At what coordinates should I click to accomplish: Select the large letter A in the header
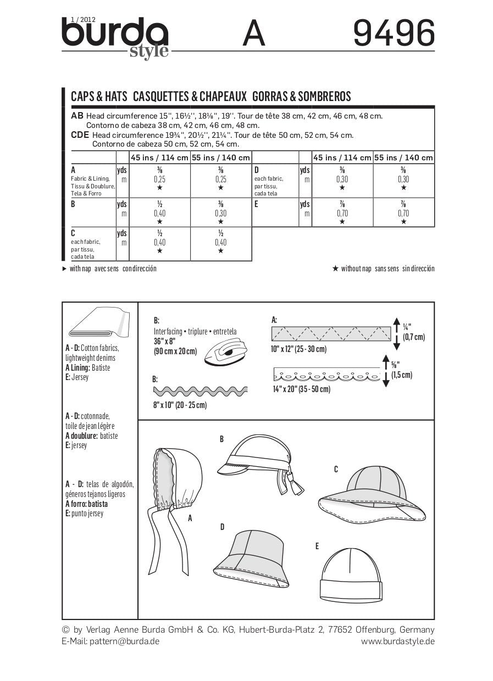[x=253, y=34]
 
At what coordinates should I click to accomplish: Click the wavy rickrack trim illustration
[x=200, y=391]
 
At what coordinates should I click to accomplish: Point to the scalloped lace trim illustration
[x=326, y=376]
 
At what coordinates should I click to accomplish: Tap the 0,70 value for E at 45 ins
[x=342, y=213]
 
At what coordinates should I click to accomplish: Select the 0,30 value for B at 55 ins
[x=220, y=213]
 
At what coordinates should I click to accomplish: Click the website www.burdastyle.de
[x=398, y=641]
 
